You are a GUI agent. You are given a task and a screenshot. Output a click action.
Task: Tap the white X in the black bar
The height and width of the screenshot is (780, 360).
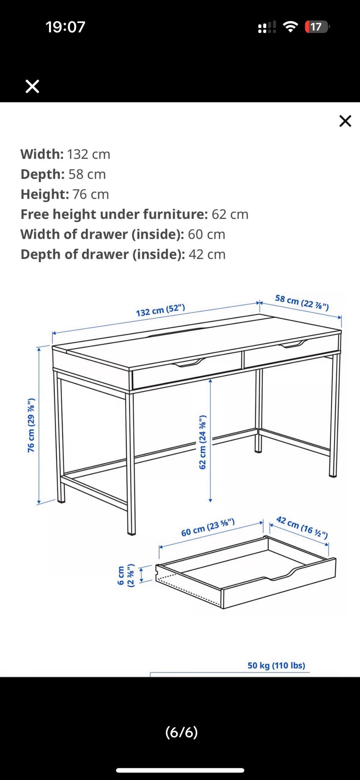(x=32, y=86)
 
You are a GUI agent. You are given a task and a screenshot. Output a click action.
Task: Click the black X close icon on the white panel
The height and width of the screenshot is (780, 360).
(x=345, y=121)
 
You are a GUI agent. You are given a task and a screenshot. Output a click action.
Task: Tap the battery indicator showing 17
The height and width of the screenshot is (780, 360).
(x=317, y=27)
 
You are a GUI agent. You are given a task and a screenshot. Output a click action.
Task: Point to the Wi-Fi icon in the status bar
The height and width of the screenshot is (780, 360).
(x=290, y=27)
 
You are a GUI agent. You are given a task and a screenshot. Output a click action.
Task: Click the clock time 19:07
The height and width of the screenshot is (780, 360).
(x=66, y=27)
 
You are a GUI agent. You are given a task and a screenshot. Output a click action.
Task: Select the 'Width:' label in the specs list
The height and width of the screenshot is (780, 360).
(x=42, y=154)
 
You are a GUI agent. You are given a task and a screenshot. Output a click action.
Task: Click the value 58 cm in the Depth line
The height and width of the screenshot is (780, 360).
(x=87, y=174)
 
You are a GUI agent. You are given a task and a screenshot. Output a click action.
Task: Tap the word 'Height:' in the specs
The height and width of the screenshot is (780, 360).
(x=45, y=194)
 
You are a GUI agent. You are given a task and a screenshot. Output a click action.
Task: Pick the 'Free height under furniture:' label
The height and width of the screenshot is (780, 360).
(x=114, y=214)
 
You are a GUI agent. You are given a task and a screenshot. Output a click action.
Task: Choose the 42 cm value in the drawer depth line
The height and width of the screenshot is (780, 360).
(x=207, y=255)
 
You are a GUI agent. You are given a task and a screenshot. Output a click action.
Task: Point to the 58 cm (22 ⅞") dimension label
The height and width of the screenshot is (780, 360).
(x=302, y=302)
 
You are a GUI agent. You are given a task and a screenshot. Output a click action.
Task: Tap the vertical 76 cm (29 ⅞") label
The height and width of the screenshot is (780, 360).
(x=31, y=425)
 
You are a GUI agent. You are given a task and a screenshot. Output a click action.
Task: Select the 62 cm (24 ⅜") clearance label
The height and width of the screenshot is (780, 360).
(x=202, y=442)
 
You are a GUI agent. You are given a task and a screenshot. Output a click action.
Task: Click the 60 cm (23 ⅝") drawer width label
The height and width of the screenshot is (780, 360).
(x=208, y=527)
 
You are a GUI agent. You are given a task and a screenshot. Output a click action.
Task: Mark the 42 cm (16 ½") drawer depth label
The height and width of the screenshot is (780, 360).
(x=302, y=527)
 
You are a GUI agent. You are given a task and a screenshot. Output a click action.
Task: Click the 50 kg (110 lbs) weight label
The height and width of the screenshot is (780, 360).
(x=276, y=665)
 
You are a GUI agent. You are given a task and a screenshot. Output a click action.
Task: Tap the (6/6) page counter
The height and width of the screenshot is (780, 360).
(x=181, y=732)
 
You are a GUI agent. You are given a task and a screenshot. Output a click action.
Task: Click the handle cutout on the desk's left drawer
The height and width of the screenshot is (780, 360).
(x=189, y=362)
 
